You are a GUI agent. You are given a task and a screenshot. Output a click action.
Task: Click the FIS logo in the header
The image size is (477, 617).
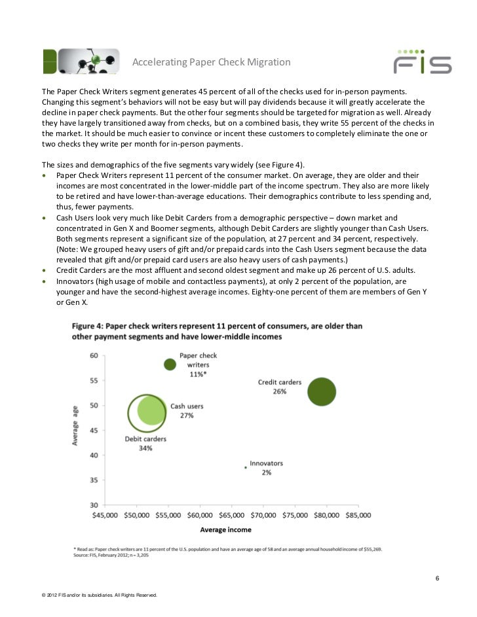tap(422, 62)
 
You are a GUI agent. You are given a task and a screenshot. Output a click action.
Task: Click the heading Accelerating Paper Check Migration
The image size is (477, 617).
tap(212, 62)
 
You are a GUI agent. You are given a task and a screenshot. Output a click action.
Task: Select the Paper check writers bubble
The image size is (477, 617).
tap(170, 364)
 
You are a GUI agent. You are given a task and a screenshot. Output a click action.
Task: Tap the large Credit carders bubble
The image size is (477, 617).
tap(320, 392)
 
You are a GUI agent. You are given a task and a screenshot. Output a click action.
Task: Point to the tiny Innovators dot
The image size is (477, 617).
tap(245, 467)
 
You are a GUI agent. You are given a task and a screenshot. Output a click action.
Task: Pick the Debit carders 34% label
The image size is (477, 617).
tap(145, 443)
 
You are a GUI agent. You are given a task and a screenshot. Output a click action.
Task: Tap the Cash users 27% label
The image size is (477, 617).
tap(187, 410)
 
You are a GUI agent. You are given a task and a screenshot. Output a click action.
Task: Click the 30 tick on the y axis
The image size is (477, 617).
tap(94, 505)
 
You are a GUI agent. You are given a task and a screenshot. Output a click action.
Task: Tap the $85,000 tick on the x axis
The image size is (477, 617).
tap(355, 516)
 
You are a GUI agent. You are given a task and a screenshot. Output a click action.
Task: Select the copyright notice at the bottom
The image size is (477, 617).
tap(99, 595)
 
